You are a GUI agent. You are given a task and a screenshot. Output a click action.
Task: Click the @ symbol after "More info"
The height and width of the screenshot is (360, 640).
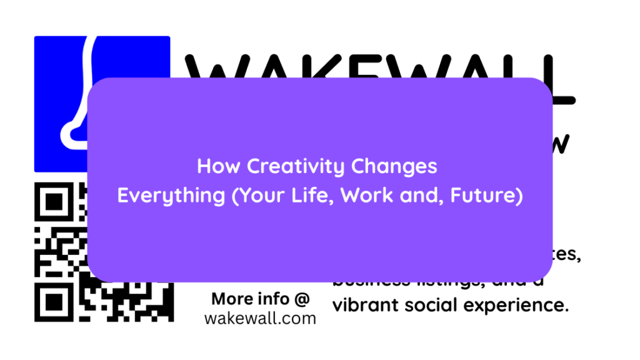pyautogui.click(x=302, y=299)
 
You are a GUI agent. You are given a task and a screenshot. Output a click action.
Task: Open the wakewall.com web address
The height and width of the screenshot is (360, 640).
pyautogui.click(x=260, y=319)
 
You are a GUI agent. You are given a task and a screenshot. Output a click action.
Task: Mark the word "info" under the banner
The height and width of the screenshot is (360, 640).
pyautogui.click(x=275, y=299)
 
